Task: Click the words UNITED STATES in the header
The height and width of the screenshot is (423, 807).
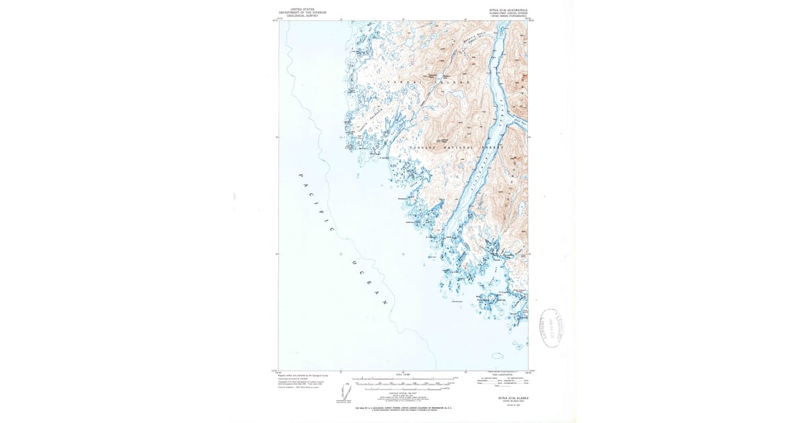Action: (303, 9)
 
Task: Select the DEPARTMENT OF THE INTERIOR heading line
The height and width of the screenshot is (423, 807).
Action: (303, 12)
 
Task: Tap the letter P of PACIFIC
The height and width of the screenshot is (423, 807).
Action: (298, 175)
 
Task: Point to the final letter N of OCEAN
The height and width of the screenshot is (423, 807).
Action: (386, 303)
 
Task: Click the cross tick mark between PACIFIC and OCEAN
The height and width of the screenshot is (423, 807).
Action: (341, 254)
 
